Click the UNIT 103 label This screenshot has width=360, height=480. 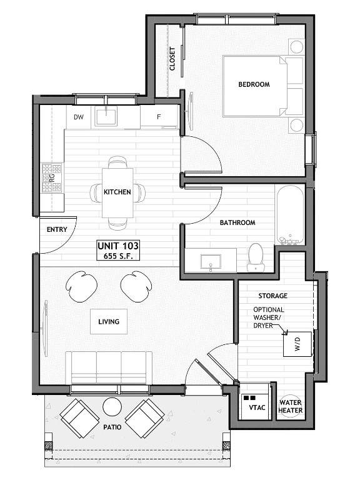tap(118, 246)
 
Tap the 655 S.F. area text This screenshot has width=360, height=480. tap(118, 256)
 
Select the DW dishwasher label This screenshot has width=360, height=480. tap(79, 117)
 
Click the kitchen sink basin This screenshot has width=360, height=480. tap(106, 116)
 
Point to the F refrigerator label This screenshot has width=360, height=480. tap(159, 117)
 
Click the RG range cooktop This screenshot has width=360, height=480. tap(52, 177)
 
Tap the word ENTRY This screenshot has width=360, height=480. tap(57, 229)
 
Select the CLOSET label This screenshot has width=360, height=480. tap(172, 59)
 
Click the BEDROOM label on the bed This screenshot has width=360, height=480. tap(254, 84)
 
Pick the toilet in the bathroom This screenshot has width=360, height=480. tap(256, 257)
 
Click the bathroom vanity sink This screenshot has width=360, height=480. tap(211, 261)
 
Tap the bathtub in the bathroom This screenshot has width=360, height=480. tap(290, 214)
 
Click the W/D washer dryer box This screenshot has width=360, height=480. tap(297, 344)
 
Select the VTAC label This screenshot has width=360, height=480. tap(257, 407)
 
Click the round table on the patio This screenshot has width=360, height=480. tap(112, 407)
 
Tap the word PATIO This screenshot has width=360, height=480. tap(112, 427)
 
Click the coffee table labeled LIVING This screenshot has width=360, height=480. tap(109, 321)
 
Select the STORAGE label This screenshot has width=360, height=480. tap(272, 296)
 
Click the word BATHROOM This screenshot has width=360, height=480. tap(237, 222)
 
